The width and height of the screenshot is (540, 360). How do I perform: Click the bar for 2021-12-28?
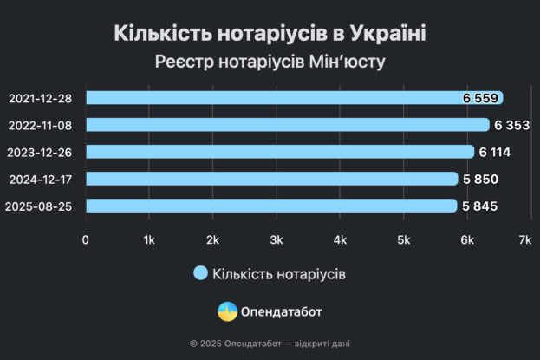277,98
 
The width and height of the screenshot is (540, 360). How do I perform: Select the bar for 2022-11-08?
277,125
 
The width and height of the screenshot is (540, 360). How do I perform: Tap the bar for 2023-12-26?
277,152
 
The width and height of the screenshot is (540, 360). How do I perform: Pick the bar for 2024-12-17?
269,179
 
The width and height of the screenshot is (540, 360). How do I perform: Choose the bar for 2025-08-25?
269,206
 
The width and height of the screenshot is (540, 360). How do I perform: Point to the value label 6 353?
511,125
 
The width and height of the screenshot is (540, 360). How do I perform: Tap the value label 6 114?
495,153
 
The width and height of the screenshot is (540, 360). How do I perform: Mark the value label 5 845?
478,206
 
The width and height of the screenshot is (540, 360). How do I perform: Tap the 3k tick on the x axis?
277,239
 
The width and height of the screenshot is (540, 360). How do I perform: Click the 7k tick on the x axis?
524,239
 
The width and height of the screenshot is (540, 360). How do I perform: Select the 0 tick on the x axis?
86,239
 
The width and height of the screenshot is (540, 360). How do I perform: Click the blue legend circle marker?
200,273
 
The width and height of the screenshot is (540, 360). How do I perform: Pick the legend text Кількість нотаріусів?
279,273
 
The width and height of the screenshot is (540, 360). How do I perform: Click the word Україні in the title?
389,35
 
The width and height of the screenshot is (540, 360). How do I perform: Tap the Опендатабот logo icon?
227,311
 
